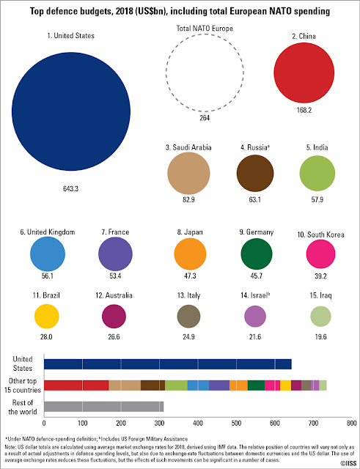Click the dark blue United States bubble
(71, 111)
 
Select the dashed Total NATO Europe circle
(166, 73)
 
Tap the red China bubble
(304, 73)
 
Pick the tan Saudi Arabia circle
(188, 173)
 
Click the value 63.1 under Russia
(254, 199)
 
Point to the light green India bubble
(317, 173)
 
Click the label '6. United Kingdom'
(48, 232)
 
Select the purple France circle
(115, 254)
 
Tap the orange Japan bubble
(190, 254)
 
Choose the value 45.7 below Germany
(256, 276)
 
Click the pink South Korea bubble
(320, 254)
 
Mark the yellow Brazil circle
(47, 316)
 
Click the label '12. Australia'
(114, 295)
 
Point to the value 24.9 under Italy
(188, 337)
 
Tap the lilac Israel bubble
(255, 317)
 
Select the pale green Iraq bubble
(321, 317)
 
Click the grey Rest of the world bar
(104, 407)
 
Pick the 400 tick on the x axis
(198, 424)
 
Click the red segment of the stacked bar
(76, 385)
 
